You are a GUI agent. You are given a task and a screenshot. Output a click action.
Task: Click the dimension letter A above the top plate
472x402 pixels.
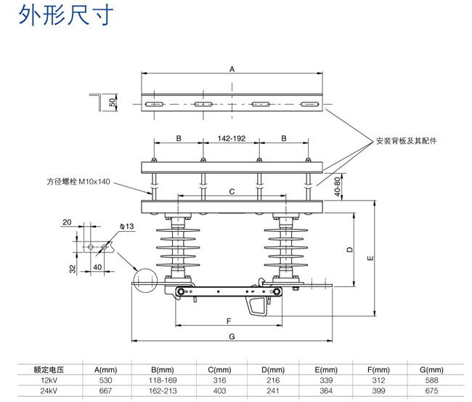[x=232, y=69]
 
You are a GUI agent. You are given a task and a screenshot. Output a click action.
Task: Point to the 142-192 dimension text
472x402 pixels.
[x=232, y=137]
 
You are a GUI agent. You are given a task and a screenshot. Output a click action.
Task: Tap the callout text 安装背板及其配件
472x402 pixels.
[x=410, y=140]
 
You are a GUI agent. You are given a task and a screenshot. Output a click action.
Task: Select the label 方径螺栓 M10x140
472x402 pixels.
[x=78, y=182]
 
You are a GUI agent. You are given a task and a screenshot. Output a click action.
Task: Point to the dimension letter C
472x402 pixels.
[x=232, y=192]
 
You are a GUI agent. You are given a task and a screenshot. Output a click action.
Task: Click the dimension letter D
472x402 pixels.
[x=349, y=250]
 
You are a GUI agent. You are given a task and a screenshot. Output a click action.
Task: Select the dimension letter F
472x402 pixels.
[x=229, y=321]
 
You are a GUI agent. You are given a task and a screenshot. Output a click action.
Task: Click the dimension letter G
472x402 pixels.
[x=232, y=336]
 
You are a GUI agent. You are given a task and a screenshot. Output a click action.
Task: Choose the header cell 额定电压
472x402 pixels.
[x=49, y=370]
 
